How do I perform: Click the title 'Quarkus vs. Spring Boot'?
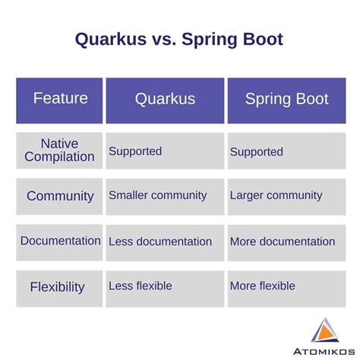(x=179, y=39)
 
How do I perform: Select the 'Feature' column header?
(x=60, y=99)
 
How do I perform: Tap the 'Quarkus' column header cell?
(x=165, y=99)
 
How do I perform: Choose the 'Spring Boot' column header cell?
(x=286, y=99)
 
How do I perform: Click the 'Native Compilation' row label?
(x=60, y=150)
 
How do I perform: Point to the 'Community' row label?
(x=60, y=196)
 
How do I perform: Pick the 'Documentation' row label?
(x=60, y=241)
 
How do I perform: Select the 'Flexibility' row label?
(x=58, y=287)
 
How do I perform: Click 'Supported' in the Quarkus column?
(x=135, y=151)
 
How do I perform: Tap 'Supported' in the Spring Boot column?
(x=256, y=152)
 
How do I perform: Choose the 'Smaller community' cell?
(x=157, y=195)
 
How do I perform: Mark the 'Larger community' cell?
(x=276, y=196)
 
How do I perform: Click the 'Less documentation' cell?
(x=160, y=242)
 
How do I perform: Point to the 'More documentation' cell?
(x=283, y=242)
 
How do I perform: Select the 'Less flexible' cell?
(x=141, y=286)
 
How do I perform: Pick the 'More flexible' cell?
(x=263, y=286)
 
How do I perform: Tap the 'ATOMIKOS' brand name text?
(x=324, y=350)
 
